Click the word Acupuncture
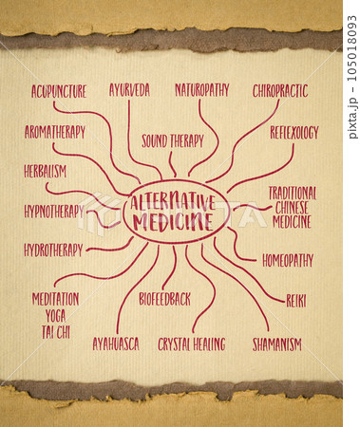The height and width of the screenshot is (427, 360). tap(59, 92)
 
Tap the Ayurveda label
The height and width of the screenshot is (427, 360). tap(129, 90)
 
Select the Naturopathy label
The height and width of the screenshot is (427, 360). tap(201, 90)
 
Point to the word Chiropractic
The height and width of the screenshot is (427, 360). tap(280, 91)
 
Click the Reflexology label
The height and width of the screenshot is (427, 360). tap(294, 133)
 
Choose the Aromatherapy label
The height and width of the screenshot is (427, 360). tap(54, 133)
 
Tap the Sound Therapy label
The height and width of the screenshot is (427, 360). tap(173, 141)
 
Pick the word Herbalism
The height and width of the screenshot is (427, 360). tap(46, 172)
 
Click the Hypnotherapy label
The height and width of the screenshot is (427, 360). tap(54, 212)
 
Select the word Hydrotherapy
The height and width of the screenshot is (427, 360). tap(53, 251)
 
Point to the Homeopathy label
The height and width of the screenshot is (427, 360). tap(288, 260)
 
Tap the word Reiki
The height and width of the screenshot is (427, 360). tap(296, 300)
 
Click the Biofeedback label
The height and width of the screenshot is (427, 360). tap(164, 299)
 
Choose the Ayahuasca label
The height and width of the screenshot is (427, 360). tap(116, 343)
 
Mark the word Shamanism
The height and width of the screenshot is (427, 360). tap(277, 343)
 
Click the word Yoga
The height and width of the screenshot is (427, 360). tap(55, 314)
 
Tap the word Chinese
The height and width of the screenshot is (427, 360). tap(292, 207)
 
